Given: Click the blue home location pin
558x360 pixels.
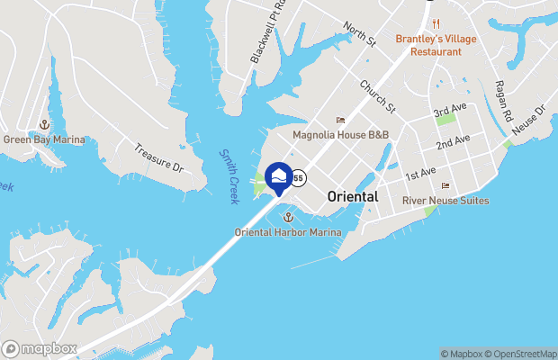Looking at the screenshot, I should [x=278, y=178].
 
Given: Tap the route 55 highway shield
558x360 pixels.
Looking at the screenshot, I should [x=298, y=177].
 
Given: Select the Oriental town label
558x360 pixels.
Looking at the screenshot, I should [x=353, y=196].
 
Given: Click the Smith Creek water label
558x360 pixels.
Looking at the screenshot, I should [x=229, y=171].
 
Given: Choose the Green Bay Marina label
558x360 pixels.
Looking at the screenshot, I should [x=44, y=139].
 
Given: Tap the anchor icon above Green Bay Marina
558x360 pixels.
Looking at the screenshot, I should [x=43, y=124].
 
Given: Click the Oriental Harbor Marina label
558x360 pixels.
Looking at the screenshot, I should [x=288, y=232].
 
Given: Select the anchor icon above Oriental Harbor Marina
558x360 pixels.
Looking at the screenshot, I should [x=288, y=218].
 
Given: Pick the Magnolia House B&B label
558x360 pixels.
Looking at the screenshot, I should [x=341, y=134].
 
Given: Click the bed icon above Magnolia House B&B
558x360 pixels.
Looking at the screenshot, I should [x=340, y=120].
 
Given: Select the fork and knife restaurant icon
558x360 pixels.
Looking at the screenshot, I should [x=436, y=22].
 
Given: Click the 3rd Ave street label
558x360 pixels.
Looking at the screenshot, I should [x=451, y=111].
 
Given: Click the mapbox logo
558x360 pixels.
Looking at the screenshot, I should [x=40, y=348].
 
